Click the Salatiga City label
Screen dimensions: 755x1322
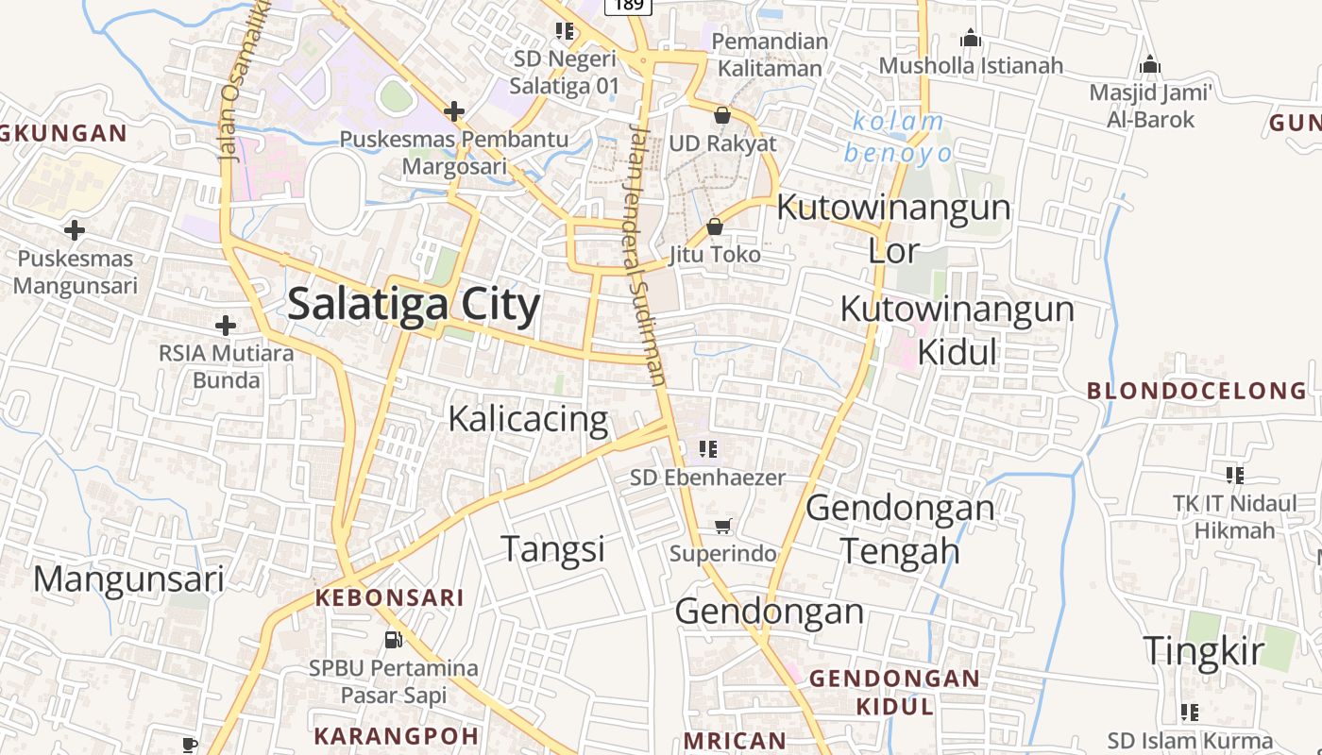[x=414, y=305]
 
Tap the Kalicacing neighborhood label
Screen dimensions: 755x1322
[x=528, y=418]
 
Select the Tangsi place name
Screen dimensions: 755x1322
[x=552, y=548]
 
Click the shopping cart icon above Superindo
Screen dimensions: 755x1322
[x=723, y=527]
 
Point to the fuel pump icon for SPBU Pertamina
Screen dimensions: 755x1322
[x=394, y=640]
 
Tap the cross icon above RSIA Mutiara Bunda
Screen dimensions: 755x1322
[x=226, y=326]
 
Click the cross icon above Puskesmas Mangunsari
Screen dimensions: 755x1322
[x=75, y=229]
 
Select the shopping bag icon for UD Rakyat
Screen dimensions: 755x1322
[x=722, y=115]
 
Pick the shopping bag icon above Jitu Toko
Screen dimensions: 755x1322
[x=715, y=226]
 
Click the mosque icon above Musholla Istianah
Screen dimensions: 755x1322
[x=971, y=39]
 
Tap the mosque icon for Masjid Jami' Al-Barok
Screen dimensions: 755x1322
[x=1150, y=65]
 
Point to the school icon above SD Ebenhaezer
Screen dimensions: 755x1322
[x=708, y=449]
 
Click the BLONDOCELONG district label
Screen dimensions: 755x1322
[x=1197, y=391]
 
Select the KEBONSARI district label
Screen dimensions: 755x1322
[x=389, y=597]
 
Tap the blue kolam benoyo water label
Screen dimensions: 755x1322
[x=898, y=137]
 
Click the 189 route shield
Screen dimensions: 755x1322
[x=628, y=6]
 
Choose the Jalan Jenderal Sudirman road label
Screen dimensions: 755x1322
[x=645, y=255]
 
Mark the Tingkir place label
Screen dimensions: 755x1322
[x=1203, y=651]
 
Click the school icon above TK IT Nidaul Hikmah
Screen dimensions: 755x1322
[x=1234, y=475]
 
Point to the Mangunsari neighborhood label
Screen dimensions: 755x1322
[x=129, y=579]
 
